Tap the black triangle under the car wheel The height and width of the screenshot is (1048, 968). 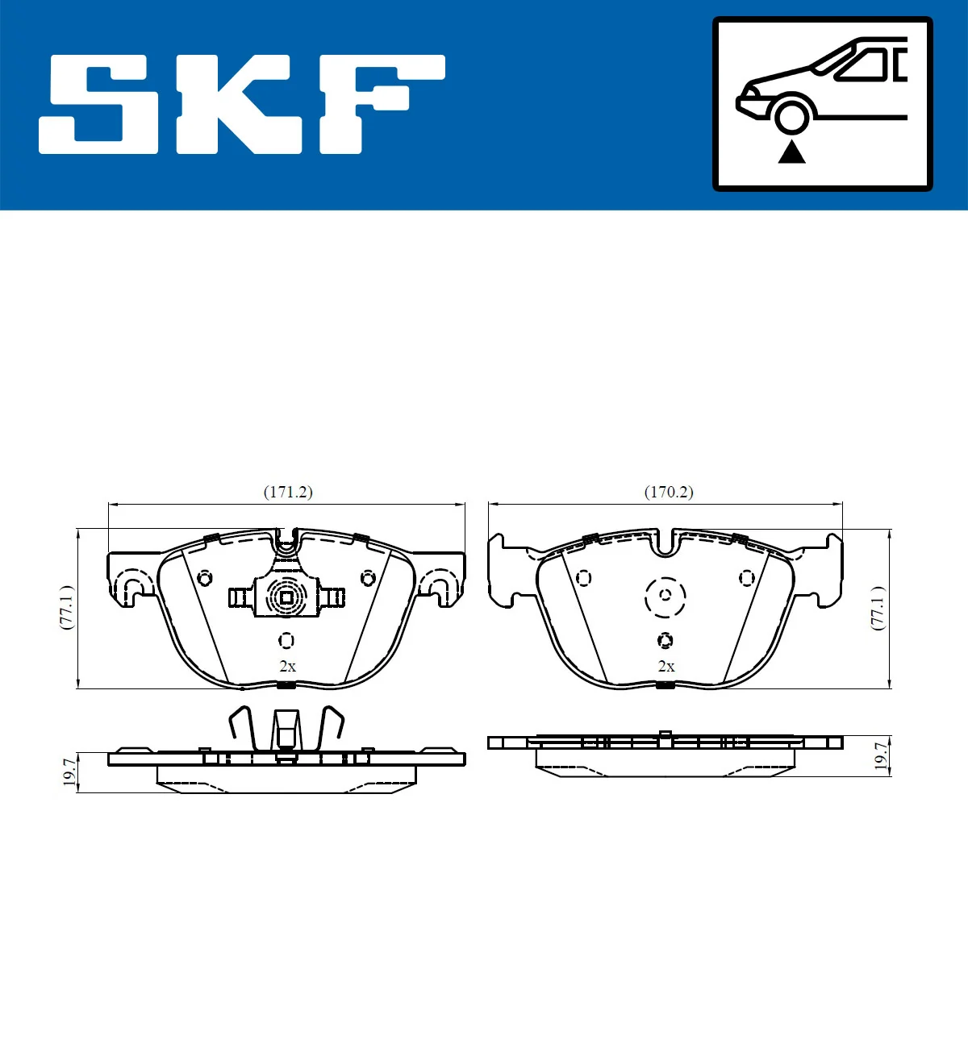791,152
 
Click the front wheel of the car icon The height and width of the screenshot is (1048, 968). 791,115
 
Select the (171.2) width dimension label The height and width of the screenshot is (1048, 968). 288,492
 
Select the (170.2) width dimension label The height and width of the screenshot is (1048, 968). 668,492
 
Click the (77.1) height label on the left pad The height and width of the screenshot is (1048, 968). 67,608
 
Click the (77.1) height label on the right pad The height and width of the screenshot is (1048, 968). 878,608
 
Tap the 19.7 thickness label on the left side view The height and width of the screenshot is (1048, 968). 70,771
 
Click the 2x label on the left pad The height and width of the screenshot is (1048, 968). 287,667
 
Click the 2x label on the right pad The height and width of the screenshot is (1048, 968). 666,667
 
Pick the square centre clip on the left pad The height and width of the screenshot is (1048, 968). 286,597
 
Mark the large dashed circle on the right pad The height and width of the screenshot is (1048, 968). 665,597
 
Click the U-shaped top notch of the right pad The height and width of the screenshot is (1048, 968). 665,543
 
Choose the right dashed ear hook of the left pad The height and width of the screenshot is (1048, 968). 440,585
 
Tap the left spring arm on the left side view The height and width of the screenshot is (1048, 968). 242,723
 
